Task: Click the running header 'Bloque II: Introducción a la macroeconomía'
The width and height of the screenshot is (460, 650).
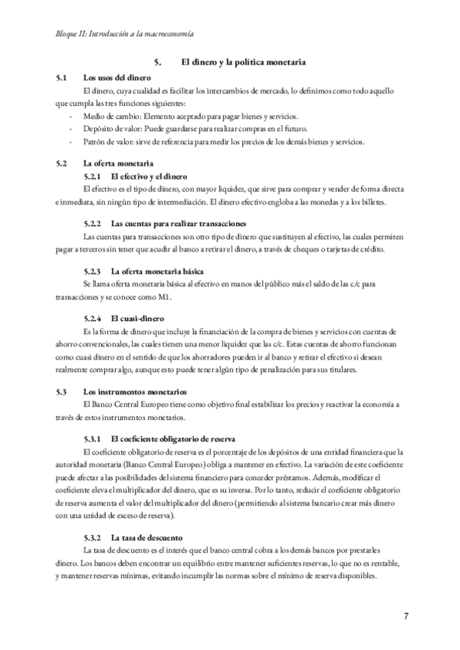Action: (124, 34)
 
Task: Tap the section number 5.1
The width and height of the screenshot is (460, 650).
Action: (62, 77)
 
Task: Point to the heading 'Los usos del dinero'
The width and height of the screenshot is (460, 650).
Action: (117, 77)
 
